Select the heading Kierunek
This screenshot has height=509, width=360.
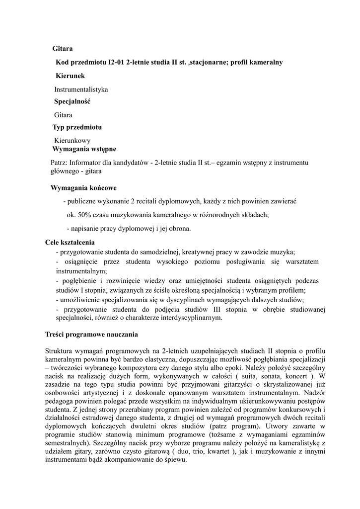pos(70,76)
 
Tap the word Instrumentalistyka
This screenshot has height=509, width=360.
pos(81,89)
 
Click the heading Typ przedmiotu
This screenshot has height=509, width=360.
pos(77,127)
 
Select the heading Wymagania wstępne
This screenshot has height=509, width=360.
pos(84,149)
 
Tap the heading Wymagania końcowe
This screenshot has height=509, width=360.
pos(83,188)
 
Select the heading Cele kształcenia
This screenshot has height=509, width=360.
pos(70,243)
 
